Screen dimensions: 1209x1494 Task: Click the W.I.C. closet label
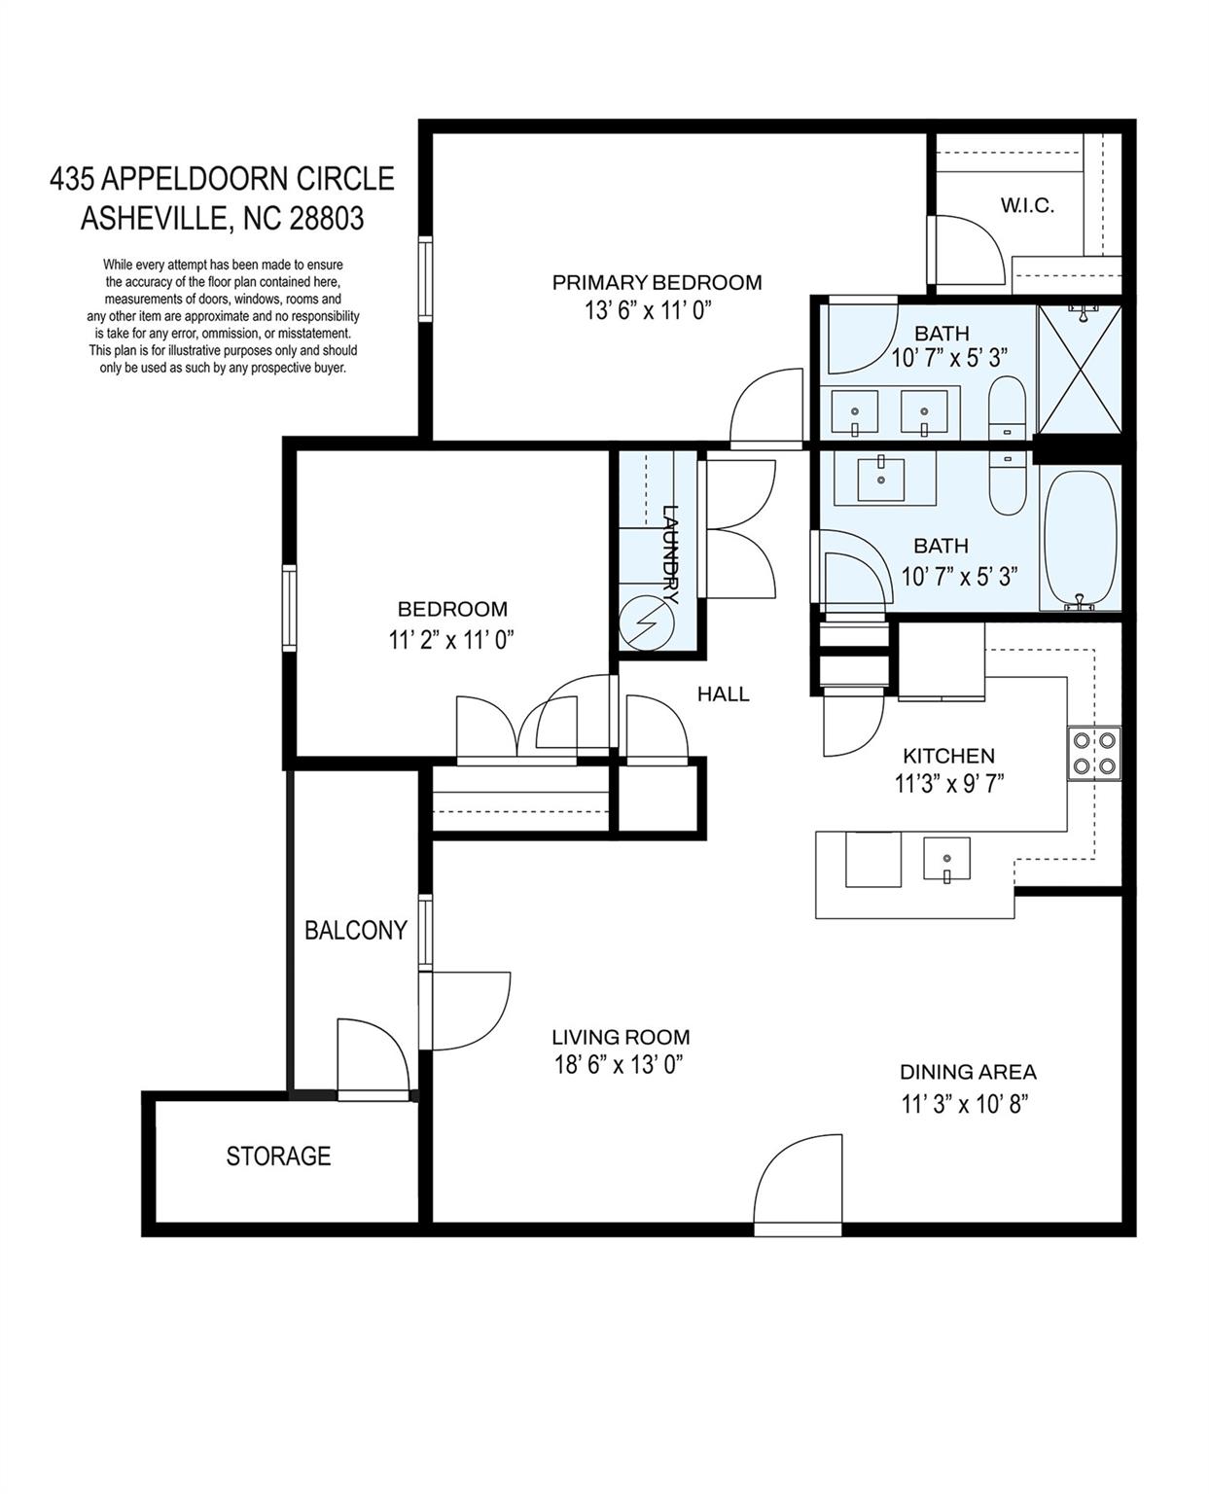pos(1027,205)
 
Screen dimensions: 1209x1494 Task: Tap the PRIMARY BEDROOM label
pos(657,283)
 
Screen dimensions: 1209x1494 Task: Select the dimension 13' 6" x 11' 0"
pos(648,310)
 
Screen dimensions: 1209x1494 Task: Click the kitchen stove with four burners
pos(1094,753)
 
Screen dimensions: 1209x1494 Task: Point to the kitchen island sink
pos(946,858)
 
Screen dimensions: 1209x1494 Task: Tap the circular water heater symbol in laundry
pos(647,622)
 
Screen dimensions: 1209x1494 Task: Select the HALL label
pos(723,694)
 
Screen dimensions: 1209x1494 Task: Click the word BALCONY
pos(356,930)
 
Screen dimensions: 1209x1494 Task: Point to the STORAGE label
pos(278,1156)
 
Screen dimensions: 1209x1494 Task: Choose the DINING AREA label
pos(968,1073)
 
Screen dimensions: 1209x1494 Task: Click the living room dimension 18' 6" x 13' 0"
pos(619,1065)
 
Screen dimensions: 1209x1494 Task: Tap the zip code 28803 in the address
pos(327,218)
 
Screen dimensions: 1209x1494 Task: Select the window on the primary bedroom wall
pos(426,279)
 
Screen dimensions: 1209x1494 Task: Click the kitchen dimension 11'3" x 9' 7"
pos(949,783)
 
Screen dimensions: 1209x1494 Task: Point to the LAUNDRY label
pos(670,554)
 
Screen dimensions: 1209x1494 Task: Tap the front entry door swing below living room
pos(798,1186)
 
